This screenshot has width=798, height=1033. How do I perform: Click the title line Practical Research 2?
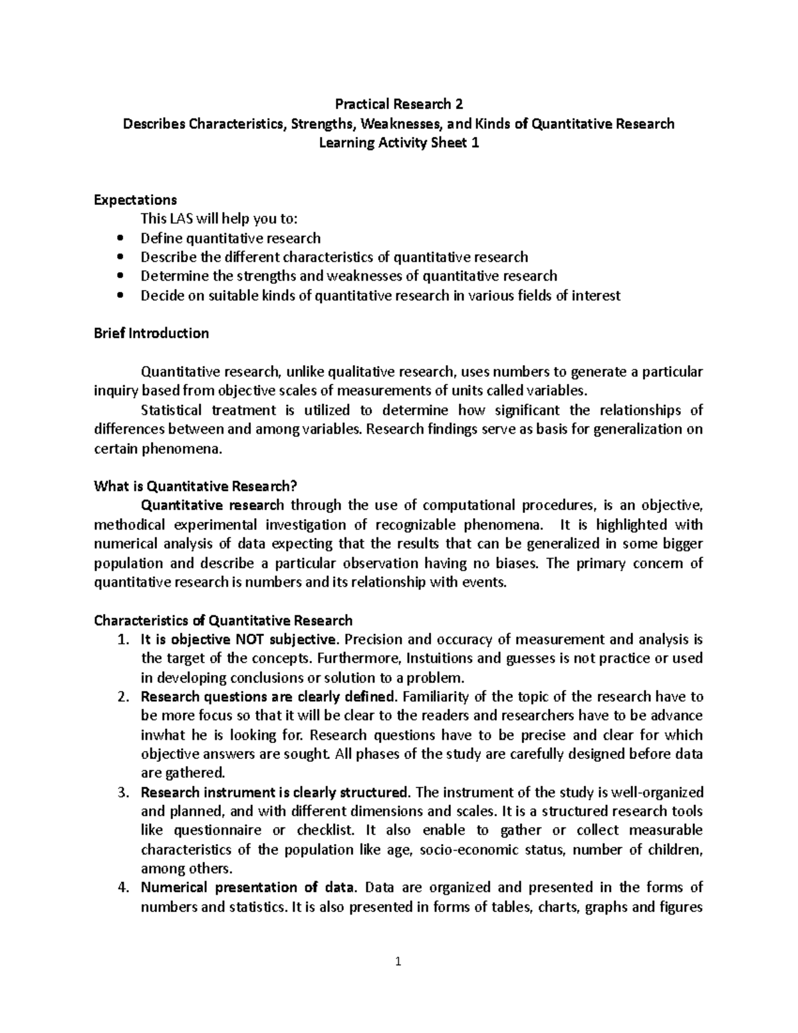398,104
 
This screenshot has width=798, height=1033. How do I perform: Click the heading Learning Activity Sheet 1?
398,143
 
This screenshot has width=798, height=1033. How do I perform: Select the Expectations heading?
136,200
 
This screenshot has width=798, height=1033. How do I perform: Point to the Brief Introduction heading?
152,333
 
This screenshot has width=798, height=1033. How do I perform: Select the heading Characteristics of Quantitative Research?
223,621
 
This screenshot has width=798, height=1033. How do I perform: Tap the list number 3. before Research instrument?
122,793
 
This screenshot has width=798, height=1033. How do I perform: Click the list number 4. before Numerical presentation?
122,888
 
